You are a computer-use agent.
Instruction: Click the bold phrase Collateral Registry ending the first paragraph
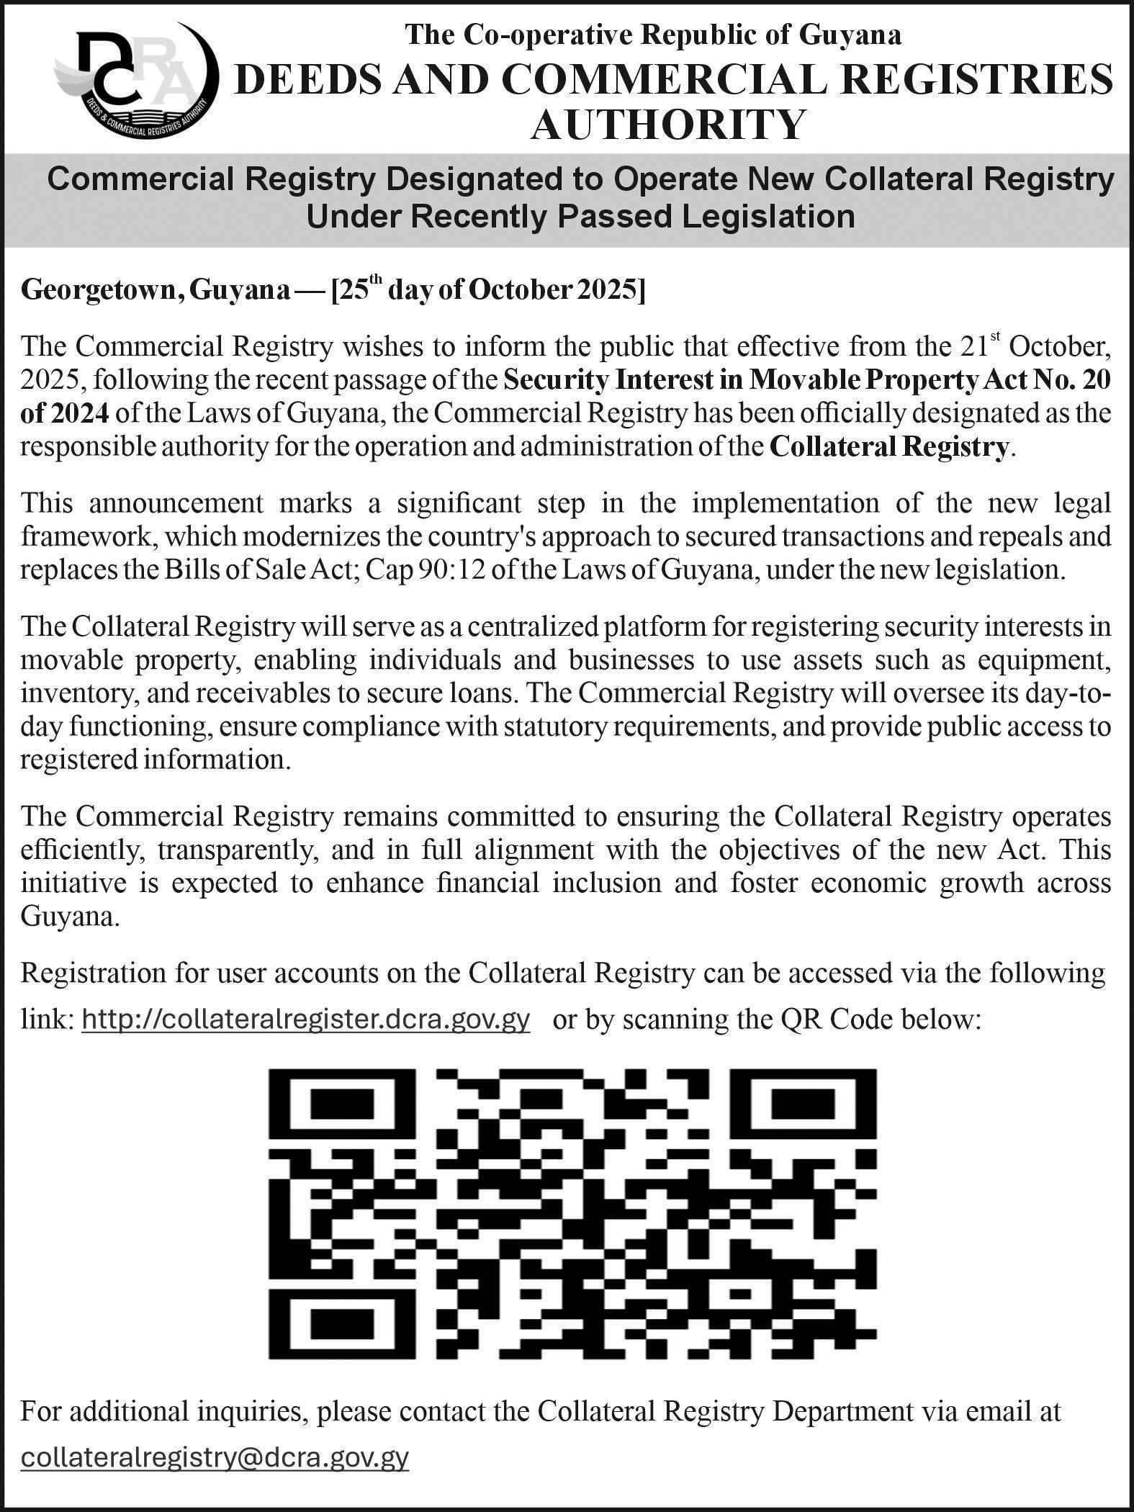point(888,447)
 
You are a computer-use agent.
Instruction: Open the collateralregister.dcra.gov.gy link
point(306,1019)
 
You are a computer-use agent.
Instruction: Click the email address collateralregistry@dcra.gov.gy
point(215,1457)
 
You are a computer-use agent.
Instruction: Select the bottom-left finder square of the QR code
point(341,1322)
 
